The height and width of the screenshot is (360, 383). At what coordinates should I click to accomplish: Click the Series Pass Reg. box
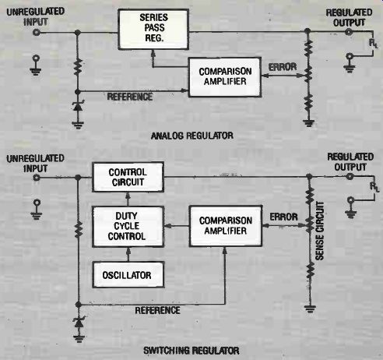coord(153,30)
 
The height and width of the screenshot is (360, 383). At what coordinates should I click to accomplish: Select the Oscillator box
coord(128,275)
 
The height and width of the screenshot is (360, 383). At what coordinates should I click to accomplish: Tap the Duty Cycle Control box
coord(128,227)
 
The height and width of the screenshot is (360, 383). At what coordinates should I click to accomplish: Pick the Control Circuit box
coord(128,177)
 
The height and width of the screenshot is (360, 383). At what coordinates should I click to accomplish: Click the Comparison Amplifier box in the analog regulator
coord(225,77)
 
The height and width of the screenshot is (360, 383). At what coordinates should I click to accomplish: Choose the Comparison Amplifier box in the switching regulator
coord(226,226)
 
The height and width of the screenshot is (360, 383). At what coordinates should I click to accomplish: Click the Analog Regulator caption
coord(192,136)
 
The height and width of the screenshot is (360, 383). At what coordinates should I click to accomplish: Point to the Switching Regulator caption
coord(191,351)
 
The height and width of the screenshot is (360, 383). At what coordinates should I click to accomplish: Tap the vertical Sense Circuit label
coord(320,231)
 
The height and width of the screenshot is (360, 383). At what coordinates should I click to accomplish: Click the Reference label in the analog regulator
coord(130,97)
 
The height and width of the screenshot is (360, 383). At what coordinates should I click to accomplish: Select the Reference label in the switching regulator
coord(157,310)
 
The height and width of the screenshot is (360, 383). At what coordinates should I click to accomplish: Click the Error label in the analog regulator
coord(283,67)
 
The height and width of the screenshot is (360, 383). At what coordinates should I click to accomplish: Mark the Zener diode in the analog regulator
coord(78,106)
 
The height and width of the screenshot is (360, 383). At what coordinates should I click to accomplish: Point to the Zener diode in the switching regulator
coord(79,322)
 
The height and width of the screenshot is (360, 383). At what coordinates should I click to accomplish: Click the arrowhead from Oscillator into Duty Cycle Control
coord(128,251)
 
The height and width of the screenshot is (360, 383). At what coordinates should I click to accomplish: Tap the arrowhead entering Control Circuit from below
coord(128,196)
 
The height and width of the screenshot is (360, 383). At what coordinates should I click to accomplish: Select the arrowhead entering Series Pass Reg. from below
coord(153,53)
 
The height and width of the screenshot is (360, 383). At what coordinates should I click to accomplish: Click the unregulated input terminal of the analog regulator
coord(37,33)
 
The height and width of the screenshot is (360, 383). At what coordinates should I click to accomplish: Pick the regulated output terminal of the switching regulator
coord(350,177)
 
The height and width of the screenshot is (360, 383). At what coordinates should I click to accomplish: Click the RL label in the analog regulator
coord(374,44)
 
